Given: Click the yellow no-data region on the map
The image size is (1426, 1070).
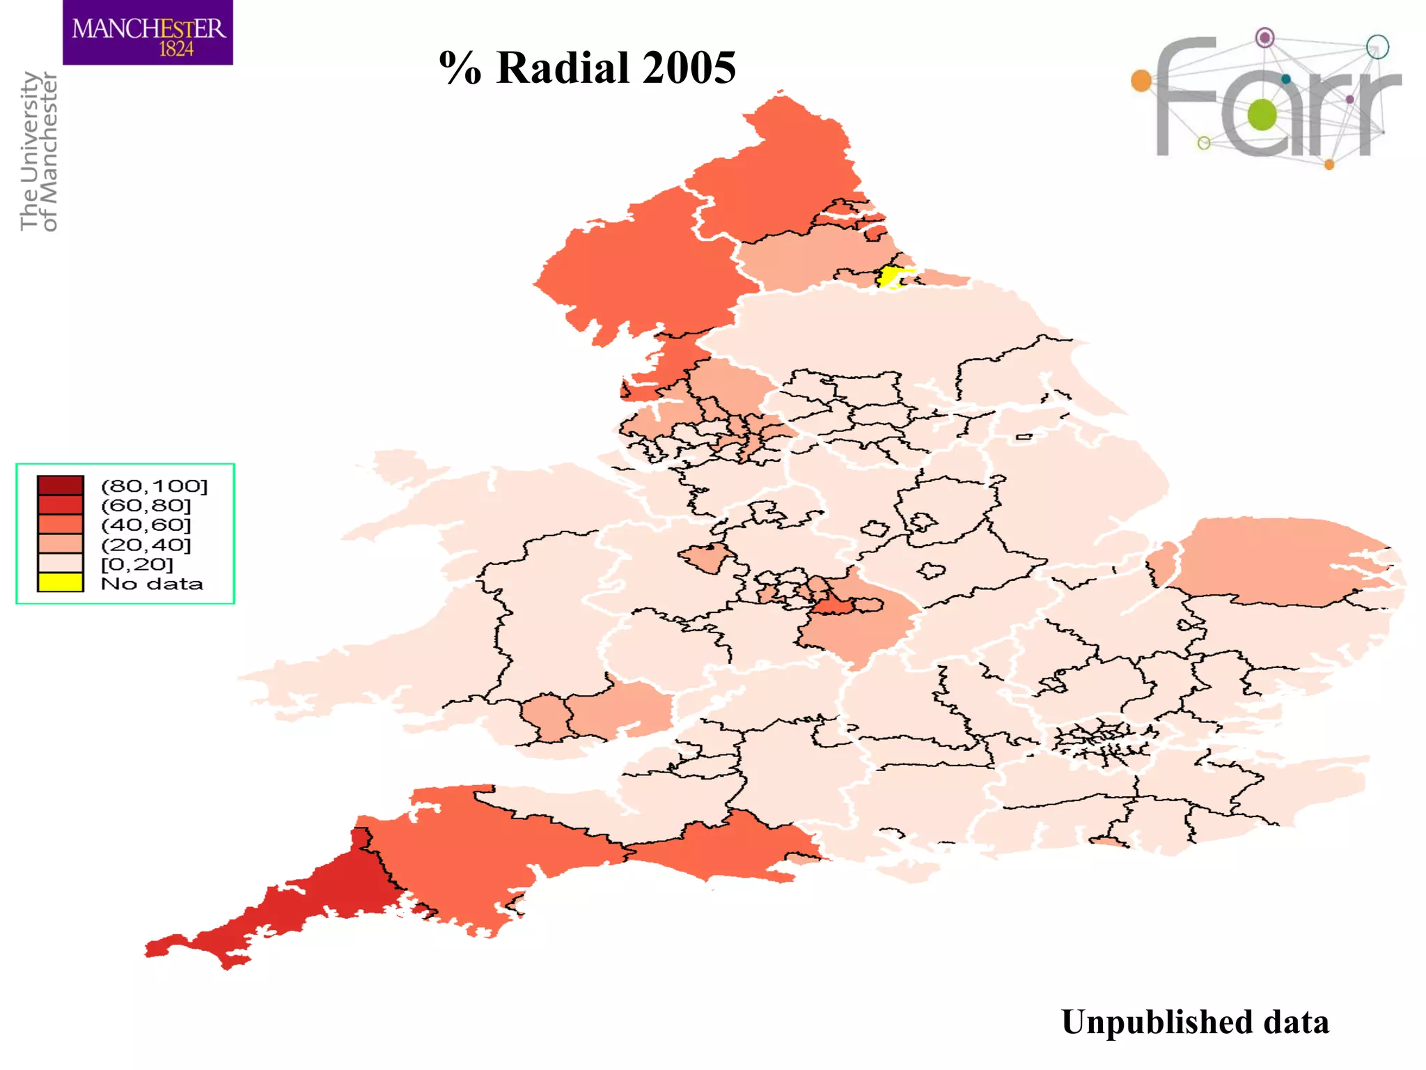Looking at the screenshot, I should (x=891, y=276).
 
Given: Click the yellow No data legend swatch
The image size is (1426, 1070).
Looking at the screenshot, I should (x=61, y=582).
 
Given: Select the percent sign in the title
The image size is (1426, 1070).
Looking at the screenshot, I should (x=460, y=68).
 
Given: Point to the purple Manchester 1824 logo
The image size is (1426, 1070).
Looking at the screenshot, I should (x=148, y=33).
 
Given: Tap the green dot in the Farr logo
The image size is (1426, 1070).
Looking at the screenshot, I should (x=1262, y=114).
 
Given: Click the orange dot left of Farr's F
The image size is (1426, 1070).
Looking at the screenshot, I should (x=1141, y=81).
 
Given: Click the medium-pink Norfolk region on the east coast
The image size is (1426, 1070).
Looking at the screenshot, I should (x=1281, y=561).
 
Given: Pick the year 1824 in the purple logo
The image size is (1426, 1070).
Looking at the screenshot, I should (x=176, y=49).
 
